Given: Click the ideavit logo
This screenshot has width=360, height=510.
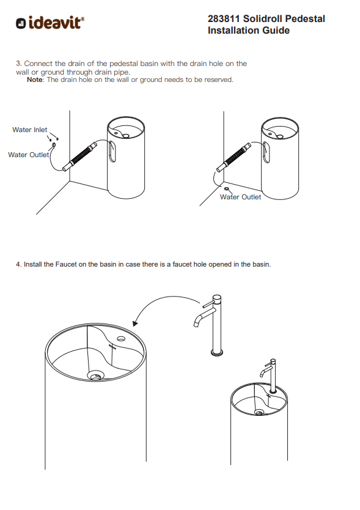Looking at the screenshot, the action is (x=50, y=23).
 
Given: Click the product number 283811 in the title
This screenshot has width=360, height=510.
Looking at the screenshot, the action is (x=224, y=19).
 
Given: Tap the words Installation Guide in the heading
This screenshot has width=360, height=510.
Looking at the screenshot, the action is (x=249, y=30).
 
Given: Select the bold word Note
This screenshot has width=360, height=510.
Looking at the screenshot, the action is (x=34, y=79).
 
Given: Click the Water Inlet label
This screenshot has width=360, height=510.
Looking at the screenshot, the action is (x=29, y=130).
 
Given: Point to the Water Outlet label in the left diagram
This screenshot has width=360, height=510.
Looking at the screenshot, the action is (x=28, y=155).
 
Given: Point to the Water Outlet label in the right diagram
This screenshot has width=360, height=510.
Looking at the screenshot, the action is (x=240, y=197).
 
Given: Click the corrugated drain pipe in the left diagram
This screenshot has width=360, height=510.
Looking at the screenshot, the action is (x=79, y=156).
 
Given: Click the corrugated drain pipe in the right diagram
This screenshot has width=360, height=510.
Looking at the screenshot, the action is (x=234, y=157).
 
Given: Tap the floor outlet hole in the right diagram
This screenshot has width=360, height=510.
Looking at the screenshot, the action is (x=227, y=188).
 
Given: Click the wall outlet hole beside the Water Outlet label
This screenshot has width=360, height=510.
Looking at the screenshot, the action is (x=54, y=145).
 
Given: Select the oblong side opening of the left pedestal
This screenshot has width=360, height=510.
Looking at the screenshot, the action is (x=112, y=151).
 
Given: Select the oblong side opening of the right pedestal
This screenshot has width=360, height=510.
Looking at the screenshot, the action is (x=266, y=152).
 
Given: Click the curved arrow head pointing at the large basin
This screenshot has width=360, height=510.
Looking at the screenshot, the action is (x=135, y=323).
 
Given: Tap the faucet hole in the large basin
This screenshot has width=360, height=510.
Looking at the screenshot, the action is (x=121, y=339).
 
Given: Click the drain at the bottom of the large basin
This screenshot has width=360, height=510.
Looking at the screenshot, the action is (x=95, y=375).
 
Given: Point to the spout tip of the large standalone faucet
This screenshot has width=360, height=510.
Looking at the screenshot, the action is (x=196, y=324).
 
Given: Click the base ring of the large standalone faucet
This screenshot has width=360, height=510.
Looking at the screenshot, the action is (x=217, y=353).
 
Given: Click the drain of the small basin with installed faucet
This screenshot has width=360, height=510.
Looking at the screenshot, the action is (x=259, y=412).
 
